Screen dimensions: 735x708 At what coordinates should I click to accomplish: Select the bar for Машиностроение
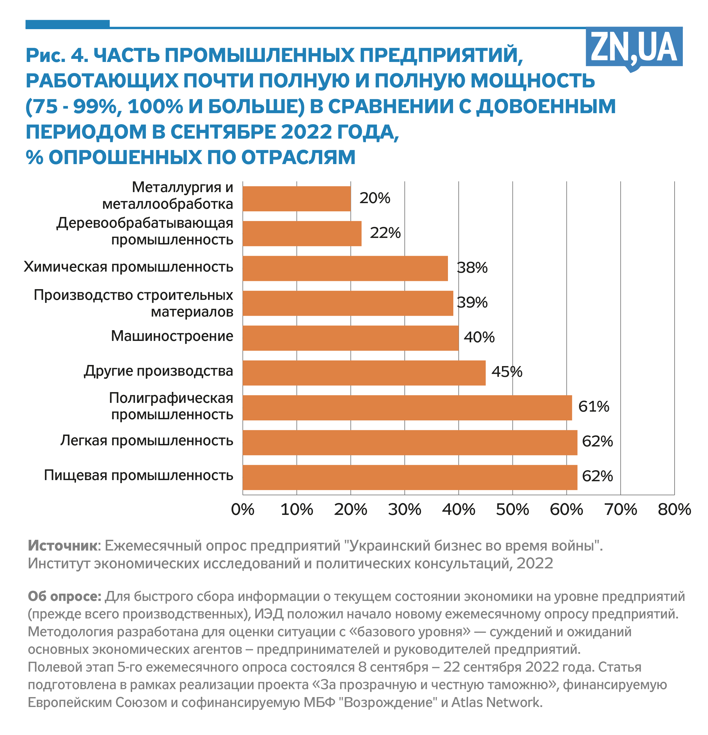click(x=350, y=338)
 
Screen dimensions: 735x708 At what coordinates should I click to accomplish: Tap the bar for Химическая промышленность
click(x=345, y=268)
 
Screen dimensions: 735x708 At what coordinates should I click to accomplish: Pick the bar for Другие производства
click(x=364, y=373)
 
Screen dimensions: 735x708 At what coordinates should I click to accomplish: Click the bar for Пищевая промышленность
click(x=409, y=477)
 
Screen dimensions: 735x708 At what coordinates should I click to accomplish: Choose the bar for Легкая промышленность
click(x=409, y=442)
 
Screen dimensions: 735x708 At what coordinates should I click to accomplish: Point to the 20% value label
click(x=375, y=198)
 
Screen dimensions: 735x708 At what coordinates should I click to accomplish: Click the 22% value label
click(x=385, y=233)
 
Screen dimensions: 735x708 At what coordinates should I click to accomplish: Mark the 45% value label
click(x=507, y=372)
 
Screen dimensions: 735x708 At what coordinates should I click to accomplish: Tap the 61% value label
click(x=594, y=407)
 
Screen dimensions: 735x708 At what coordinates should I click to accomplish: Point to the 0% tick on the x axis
click(x=243, y=510)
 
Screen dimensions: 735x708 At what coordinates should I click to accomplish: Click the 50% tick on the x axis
click(x=512, y=510)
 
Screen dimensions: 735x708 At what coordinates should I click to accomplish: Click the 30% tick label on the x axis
click(x=404, y=510)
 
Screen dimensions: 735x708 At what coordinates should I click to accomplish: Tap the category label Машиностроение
click(x=172, y=336)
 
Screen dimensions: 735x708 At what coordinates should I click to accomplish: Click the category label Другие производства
click(x=158, y=371)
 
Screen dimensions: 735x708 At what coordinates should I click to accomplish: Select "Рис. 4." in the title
click(x=57, y=55)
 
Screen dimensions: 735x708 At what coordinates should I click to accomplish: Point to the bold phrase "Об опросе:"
click(x=64, y=596)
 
